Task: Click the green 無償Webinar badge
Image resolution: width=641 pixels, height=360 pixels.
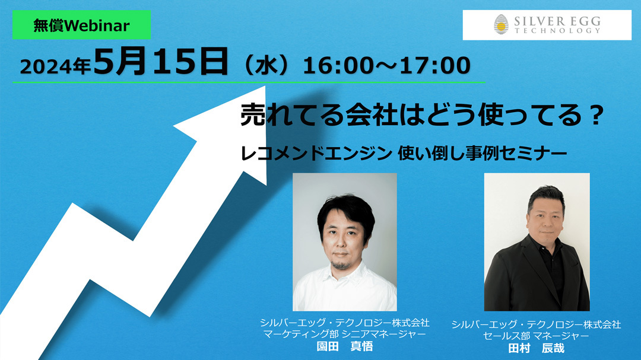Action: [x=81, y=25]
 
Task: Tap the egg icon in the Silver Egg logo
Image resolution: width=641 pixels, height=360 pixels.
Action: [x=501, y=24]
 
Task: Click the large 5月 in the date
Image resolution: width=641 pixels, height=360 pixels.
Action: [x=120, y=61]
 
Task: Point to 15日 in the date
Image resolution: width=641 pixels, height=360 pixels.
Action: [x=190, y=61]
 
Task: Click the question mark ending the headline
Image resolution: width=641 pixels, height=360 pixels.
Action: [x=596, y=116]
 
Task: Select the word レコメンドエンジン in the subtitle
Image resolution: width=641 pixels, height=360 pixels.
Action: [x=316, y=154]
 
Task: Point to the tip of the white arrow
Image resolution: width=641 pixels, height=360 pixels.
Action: [x=265, y=86]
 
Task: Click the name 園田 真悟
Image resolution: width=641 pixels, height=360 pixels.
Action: [x=345, y=346]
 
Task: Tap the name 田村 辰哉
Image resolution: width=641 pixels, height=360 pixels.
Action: [x=536, y=348]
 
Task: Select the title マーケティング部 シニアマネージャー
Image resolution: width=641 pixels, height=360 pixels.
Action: [x=345, y=334]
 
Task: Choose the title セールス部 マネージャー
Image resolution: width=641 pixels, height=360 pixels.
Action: [x=536, y=336]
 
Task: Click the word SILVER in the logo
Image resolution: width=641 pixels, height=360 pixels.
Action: [x=539, y=21]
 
